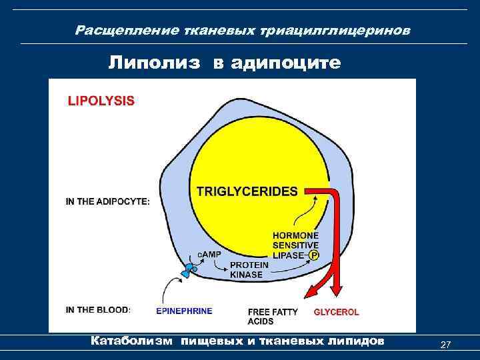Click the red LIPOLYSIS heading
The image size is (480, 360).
[x=101, y=101]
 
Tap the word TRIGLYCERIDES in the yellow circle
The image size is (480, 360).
[x=247, y=191]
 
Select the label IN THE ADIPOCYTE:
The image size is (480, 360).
[x=107, y=201]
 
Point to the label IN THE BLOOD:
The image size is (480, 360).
[x=98, y=309]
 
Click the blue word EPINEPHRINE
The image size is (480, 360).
[x=184, y=311]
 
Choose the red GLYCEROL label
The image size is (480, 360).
[x=336, y=311]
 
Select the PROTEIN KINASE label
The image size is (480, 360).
[x=249, y=269]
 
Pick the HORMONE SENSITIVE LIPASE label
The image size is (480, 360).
[x=294, y=245]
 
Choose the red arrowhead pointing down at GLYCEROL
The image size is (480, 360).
[x=336, y=285]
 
